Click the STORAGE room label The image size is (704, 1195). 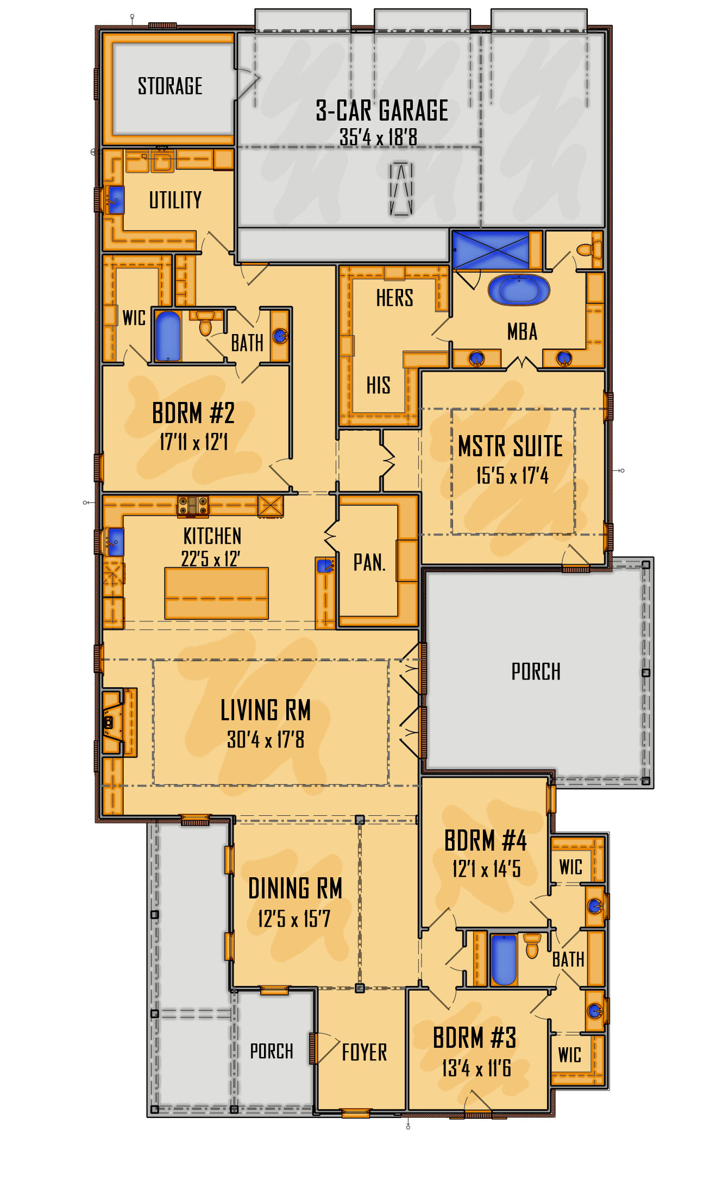[x=170, y=86]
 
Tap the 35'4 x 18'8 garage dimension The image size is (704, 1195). [x=379, y=137]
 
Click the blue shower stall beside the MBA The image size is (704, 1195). [x=491, y=250]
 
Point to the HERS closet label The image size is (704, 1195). [x=394, y=298]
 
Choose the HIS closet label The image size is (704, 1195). [x=378, y=386]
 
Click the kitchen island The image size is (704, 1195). [x=216, y=593]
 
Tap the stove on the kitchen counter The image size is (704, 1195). [x=193, y=505]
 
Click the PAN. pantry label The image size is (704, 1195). [x=369, y=563]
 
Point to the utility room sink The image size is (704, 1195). [x=115, y=200]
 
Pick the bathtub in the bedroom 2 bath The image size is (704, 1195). [x=168, y=336]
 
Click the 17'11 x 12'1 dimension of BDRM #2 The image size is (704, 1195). [x=194, y=443]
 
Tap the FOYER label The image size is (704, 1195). [x=364, y=1053]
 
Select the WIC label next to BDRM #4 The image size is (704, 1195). [x=570, y=867]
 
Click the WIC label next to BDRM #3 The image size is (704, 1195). [x=569, y=1055]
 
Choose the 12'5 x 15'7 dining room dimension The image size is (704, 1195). [x=294, y=919]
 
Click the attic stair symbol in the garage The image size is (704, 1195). [x=401, y=188]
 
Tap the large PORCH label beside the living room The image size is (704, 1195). [x=536, y=672]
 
